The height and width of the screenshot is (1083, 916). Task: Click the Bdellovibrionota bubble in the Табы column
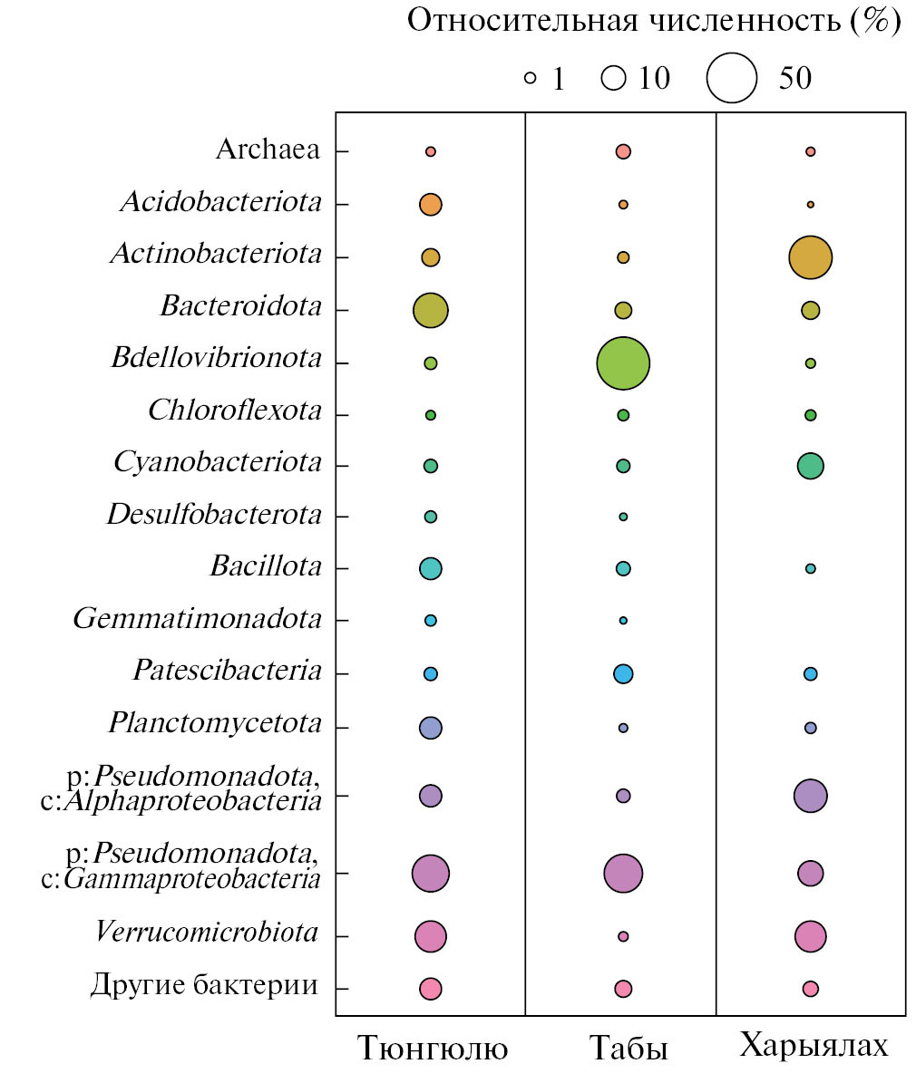pos(623,363)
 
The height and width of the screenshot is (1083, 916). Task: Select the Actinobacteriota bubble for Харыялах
pos(811,257)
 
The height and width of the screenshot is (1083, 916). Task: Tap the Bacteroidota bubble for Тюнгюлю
pos(431,310)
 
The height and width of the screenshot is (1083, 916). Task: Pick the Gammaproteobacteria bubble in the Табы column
pos(623,874)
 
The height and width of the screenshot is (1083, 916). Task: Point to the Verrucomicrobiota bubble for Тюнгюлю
pos(431,936)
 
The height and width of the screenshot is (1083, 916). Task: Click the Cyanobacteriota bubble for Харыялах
pos(811,466)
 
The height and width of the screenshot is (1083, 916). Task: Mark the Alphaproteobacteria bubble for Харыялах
pos(811,796)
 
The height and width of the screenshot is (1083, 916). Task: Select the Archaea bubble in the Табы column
pos(623,151)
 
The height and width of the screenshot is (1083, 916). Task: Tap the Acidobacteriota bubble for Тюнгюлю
pos(431,205)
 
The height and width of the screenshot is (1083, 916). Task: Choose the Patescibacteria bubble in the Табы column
pos(623,673)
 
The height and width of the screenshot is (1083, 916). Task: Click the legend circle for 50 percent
pos(732,78)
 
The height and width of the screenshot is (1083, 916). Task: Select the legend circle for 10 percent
pos(614,79)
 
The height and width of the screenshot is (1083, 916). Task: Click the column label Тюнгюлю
pos(433,1048)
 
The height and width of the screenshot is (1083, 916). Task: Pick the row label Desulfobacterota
pos(214,516)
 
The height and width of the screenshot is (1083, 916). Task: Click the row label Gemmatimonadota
pos(198,620)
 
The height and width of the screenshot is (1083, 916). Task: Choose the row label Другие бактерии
pos(204,985)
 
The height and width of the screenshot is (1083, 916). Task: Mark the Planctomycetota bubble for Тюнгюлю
pos(431,727)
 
